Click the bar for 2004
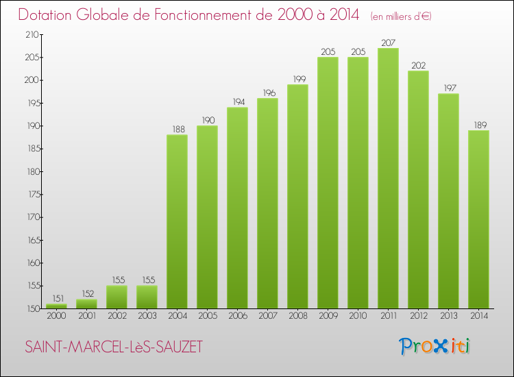coord(177,221)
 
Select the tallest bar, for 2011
coord(388,178)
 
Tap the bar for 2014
coord(478,219)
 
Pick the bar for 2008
coord(297,197)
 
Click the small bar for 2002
coord(117,297)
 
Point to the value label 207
coord(388,42)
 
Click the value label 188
coord(177,129)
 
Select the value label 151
coord(56,298)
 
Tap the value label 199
coord(297,79)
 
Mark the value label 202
coord(418,65)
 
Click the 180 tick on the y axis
coord(32,171)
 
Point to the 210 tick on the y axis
coord(32,34)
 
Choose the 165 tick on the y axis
coord(32,240)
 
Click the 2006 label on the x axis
coord(237,316)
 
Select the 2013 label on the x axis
coord(448,316)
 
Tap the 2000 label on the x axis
coord(56,316)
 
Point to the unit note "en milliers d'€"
coord(401,16)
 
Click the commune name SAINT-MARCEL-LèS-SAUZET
coord(114,347)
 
